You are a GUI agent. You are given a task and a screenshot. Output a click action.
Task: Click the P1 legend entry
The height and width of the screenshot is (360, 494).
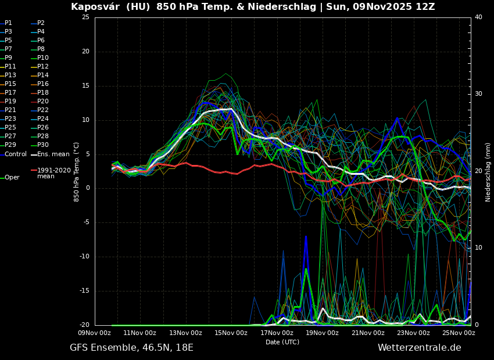pos(8,23)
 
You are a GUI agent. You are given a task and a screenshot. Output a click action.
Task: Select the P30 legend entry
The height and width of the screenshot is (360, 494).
pos(43,145)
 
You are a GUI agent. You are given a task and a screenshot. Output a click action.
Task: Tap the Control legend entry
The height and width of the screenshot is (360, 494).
pos(16,154)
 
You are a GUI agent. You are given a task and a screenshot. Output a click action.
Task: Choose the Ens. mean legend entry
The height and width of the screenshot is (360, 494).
pos(53,154)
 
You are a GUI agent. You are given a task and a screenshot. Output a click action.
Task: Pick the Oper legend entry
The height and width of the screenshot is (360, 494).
pos(12,177)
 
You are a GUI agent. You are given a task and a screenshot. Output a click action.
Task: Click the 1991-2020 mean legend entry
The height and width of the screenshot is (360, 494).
pos(53,173)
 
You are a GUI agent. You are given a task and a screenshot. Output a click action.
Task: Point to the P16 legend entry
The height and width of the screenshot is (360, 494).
pos(43,84)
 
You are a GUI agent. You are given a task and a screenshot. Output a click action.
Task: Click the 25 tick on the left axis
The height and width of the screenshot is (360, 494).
pos(85,17)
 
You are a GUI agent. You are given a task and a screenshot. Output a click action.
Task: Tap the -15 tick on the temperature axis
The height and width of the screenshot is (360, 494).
pos(84,291)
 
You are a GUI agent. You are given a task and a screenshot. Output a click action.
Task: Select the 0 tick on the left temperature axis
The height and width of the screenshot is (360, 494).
pos(87,188)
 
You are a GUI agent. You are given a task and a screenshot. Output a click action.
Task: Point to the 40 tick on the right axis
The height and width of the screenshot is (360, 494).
pos(478,17)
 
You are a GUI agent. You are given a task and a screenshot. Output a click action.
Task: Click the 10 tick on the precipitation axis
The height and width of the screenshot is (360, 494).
pos(478,248)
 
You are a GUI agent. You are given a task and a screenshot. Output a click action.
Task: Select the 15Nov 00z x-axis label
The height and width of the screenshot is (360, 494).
pos(231,333)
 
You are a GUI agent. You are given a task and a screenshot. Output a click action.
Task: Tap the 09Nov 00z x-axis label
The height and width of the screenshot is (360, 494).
pos(95,333)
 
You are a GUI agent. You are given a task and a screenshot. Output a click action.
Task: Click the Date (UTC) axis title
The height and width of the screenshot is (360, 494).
pos(282,342)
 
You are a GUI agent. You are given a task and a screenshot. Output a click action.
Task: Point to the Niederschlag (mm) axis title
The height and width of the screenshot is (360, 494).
pos(488,172)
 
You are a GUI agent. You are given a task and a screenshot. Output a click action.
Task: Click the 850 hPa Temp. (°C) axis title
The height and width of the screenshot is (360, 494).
pos(76,172)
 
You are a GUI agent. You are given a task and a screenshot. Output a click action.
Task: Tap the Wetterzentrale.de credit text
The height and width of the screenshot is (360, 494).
pos(419,348)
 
